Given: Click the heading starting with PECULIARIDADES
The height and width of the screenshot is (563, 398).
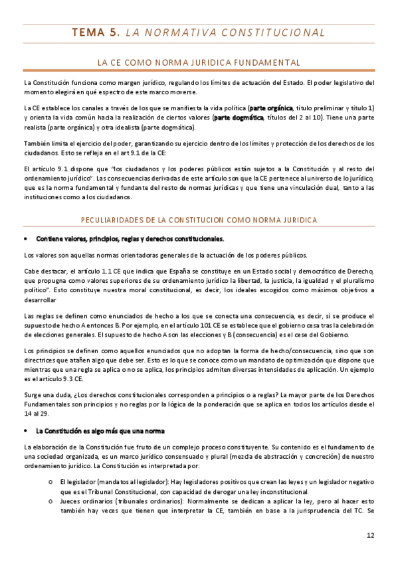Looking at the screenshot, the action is pos(199,219).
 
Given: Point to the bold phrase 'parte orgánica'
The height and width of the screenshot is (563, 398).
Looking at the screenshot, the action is pos(270,108).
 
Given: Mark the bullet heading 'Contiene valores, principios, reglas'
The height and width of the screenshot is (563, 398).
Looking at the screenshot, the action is pos(130,238).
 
